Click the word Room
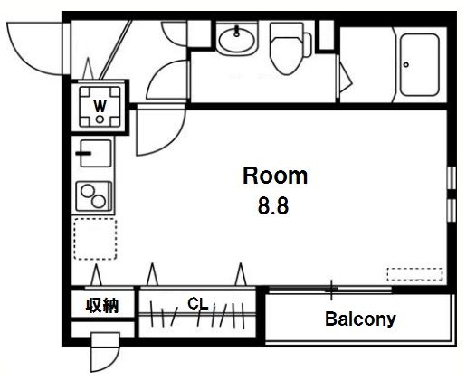pyautogui.click(x=275, y=176)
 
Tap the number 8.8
pyautogui.click(x=273, y=206)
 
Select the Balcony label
pyautogui.click(x=360, y=319)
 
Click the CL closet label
pyautogui.click(x=198, y=304)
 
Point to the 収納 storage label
pyautogui.click(x=102, y=305)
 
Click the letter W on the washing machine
pyautogui.click(x=100, y=106)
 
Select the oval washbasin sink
pyautogui.click(x=237, y=40)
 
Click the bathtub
pyautogui.click(x=419, y=65)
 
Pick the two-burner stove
pyautogui.click(x=94, y=196)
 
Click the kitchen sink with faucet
pyautogui.click(x=94, y=153)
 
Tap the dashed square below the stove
pyautogui.click(x=95, y=239)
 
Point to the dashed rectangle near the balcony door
pyautogui.click(x=414, y=274)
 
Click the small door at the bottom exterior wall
pyautogui.click(x=105, y=352)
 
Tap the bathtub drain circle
pyautogui.click(x=406, y=64)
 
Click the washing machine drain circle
pyautogui.click(x=100, y=119)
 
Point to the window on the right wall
pyautogui.click(x=452, y=194)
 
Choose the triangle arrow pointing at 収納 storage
pyautogui.click(x=96, y=274)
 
